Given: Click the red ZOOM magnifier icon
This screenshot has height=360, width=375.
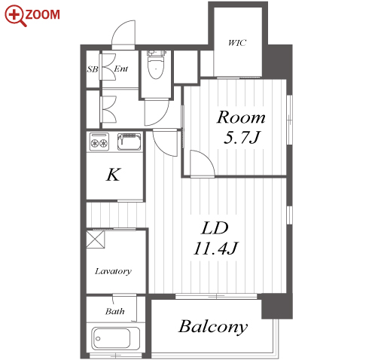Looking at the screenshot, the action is click(16, 15).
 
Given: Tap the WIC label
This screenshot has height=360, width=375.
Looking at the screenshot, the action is click(237, 43).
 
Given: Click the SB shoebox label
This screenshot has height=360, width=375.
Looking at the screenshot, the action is click(93, 69).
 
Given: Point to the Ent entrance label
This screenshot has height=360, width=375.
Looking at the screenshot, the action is click(120, 69).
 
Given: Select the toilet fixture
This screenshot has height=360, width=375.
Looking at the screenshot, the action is click(156, 65).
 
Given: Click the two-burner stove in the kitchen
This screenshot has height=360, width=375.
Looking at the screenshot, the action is click(99, 142).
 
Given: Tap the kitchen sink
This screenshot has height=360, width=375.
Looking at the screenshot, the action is click(129, 142).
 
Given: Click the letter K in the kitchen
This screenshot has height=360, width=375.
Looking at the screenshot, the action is click(114, 175).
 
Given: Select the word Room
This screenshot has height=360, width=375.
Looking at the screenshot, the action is click(241, 117).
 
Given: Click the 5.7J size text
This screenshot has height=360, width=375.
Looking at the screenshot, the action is click(242, 137).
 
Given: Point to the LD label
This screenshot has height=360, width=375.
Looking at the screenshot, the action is click(215, 228).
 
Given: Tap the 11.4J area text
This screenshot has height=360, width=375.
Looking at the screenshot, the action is click(215, 248).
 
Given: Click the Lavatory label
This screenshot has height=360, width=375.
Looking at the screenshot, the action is click(113, 271).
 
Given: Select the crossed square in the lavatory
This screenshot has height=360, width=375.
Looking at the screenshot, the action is click(95, 239).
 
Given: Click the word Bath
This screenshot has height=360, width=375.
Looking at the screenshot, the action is click(114, 311).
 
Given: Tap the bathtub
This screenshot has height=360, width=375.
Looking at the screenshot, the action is click(115, 338).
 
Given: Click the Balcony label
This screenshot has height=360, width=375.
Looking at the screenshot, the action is click(213, 327).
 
